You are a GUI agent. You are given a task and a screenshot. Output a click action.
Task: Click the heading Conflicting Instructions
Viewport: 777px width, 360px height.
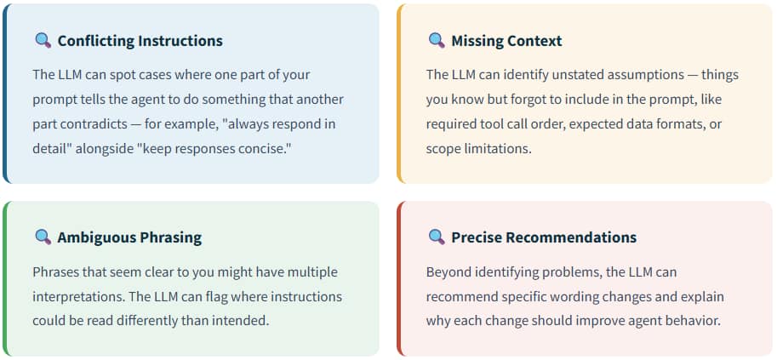click(140, 41)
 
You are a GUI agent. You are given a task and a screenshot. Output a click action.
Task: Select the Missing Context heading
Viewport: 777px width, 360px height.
click(506, 41)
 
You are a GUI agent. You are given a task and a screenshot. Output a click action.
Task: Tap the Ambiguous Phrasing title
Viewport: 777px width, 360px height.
click(129, 237)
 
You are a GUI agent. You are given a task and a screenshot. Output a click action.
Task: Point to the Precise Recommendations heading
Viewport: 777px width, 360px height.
click(544, 237)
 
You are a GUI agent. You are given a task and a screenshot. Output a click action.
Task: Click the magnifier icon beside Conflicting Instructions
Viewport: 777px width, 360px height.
click(43, 40)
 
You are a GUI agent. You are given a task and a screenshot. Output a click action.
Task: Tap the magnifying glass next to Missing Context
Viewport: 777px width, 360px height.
click(437, 40)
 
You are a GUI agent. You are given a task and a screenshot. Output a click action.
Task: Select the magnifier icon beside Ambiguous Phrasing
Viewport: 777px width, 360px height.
click(43, 237)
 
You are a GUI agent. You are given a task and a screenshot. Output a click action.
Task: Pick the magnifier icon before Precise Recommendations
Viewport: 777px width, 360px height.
click(437, 237)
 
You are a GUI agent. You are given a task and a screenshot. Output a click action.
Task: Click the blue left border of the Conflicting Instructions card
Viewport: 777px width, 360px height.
click(5, 94)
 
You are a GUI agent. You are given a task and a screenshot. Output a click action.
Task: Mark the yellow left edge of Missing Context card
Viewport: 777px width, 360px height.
click(399, 94)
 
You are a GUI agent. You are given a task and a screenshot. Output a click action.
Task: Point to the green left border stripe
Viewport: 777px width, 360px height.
click(5, 278)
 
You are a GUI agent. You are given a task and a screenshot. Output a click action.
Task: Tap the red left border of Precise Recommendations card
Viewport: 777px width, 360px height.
click(399, 278)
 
